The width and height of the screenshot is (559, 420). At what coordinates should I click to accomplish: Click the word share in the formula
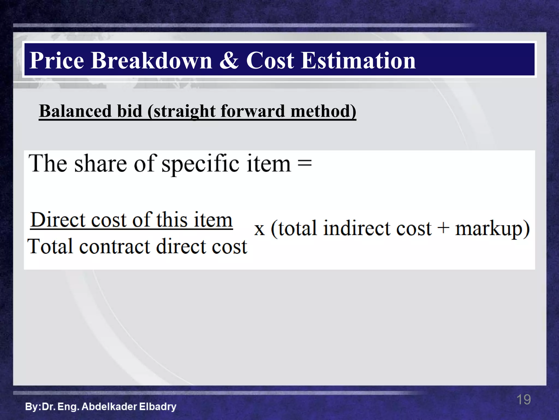click(101, 164)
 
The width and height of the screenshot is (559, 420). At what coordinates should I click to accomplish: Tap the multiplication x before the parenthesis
click(259, 229)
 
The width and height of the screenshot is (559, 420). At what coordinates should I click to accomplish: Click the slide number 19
click(524, 399)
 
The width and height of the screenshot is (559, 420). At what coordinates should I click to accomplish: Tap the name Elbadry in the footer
click(157, 407)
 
